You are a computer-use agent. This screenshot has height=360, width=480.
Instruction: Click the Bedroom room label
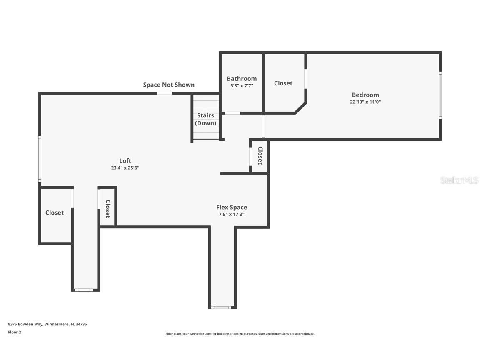(365, 95)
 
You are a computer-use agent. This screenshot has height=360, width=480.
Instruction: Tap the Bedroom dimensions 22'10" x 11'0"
(365, 102)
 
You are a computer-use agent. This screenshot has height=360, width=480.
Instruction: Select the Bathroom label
(242, 79)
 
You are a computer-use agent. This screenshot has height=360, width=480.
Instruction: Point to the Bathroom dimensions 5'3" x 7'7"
(242, 86)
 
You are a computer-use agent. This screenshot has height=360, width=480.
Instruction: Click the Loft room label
(125, 160)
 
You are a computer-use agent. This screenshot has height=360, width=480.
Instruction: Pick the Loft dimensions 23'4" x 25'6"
(125, 167)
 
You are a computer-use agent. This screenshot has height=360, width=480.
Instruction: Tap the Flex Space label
(231, 207)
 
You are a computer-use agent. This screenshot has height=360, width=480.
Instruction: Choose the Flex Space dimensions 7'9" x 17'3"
(231, 214)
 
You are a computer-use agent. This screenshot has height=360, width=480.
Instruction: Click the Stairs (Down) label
(205, 119)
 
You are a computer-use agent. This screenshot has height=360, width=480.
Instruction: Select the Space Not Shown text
(169, 85)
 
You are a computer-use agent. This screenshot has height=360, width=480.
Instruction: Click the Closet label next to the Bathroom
(283, 83)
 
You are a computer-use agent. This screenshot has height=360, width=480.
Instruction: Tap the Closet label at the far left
(55, 212)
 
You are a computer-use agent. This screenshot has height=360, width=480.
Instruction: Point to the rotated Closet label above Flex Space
(260, 155)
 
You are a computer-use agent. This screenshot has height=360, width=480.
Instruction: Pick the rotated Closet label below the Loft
(108, 209)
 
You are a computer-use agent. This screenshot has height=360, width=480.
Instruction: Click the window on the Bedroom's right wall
(440, 95)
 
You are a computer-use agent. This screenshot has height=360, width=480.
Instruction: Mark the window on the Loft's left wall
(40, 159)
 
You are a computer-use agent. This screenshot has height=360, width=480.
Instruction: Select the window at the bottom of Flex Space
(221, 307)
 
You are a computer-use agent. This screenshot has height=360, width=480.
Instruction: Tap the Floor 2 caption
(15, 332)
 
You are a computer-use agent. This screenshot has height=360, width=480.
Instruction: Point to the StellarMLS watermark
(459, 180)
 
